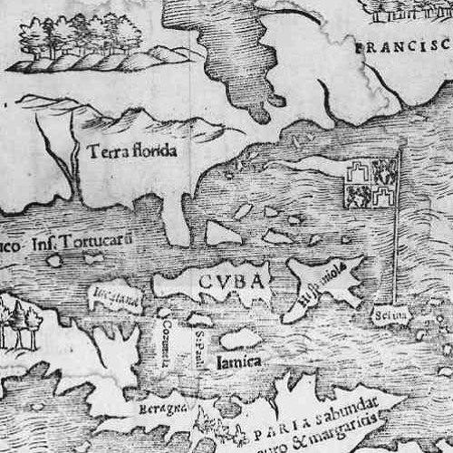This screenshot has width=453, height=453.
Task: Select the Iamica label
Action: (239, 361)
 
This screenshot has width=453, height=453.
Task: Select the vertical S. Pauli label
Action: (199, 344)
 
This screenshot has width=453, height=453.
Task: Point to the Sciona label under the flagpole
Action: (390, 316)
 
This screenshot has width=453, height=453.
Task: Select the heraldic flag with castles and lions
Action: (370, 183)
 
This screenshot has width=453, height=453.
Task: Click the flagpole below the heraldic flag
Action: (396, 254)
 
